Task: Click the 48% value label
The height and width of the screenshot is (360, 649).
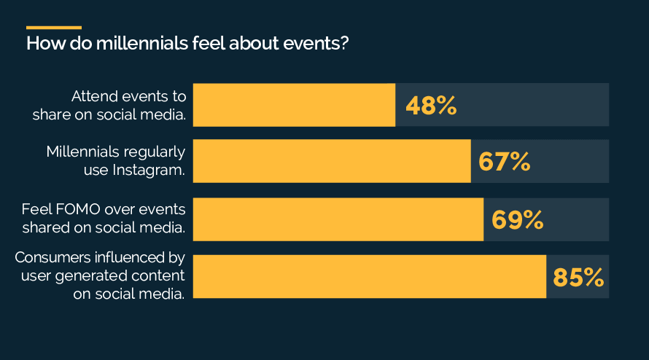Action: coord(431,106)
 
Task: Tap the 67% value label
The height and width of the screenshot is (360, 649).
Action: coord(504,162)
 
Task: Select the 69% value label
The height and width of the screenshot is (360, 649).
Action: coord(517,219)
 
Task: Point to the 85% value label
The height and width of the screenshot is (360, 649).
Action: coord(578,277)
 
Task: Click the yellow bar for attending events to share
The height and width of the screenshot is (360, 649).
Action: coord(294,105)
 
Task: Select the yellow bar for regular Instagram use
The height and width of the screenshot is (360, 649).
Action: coord(332,162)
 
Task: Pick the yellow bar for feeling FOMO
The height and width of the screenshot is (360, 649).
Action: coord(338,219)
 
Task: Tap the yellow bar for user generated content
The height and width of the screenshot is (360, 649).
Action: coord(369,277)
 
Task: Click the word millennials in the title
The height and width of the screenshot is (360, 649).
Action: coord(145,43)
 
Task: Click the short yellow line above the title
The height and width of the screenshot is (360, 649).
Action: coord(53,28)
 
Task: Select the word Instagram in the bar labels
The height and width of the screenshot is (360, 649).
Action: coord(149,170)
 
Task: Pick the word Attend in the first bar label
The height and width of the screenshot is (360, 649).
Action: coord(90,96)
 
